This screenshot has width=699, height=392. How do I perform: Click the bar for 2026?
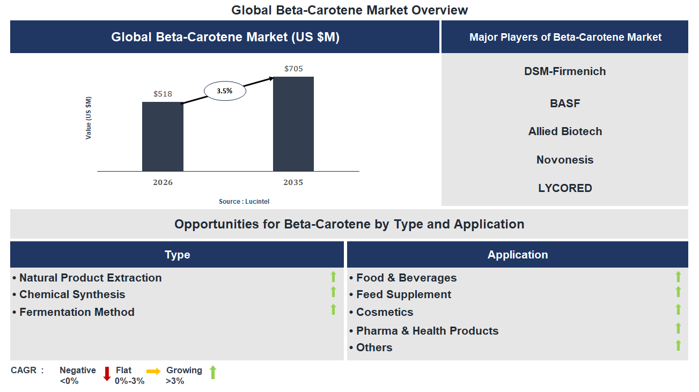pos(163,136)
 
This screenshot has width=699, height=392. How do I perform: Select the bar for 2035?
pos(293,124)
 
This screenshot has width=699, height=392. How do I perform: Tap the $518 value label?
pos(163,94)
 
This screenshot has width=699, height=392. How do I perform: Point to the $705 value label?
pos(293,69)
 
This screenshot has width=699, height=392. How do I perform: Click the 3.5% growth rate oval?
pos(225,91)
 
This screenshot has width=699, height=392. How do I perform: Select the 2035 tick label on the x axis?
pos(293,182)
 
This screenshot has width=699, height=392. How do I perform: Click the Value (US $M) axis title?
pos(89,118)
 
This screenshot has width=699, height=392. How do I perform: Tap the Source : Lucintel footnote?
pos(244,202)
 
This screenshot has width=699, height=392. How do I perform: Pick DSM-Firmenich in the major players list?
pos(565,71)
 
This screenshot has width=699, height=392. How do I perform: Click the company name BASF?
pos(565,103)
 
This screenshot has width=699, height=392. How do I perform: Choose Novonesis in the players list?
pos(565,160)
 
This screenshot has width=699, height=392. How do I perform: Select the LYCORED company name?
pos(565,188)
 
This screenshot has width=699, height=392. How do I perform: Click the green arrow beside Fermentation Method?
pos(333,309)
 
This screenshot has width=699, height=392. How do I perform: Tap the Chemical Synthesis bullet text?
pos(72,294)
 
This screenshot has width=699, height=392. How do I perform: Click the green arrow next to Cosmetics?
pos(678,309)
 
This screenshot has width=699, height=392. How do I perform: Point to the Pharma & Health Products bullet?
pos(427,331)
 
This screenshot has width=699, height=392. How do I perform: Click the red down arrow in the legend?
pos(107,373)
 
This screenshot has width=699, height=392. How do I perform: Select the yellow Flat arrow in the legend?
pos(153,371)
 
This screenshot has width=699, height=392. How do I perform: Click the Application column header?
pos(518,255)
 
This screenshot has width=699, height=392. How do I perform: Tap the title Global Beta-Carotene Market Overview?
pos(350,10)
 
